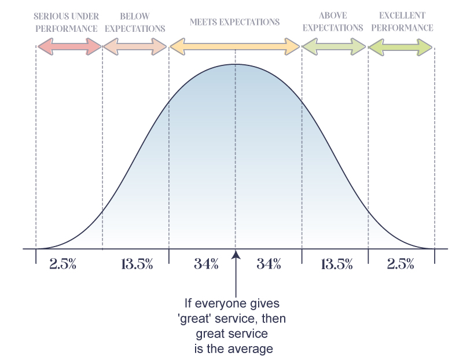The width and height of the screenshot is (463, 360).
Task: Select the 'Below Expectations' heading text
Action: (135, 22)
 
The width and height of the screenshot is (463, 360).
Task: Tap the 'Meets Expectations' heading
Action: (234, 22)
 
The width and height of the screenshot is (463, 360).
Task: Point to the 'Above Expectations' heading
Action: (333, 22)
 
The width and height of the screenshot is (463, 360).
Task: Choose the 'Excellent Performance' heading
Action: (402, 22)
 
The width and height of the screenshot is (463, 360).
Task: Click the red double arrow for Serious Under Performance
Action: (69, 47)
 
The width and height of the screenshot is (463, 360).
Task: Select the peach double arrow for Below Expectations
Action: (135, 47)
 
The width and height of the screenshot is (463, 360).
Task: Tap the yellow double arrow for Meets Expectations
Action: (234, 47)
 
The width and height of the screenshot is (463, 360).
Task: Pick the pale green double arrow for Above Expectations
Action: (334, 47)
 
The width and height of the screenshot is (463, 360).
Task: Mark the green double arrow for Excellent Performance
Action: (400, 47)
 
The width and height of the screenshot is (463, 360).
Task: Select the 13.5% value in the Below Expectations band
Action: (137, 265)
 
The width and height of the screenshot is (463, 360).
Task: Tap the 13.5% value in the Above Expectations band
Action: (336, 265)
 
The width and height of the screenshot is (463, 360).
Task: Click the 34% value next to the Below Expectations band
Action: (206, 265)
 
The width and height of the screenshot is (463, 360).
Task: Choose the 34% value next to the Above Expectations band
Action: (269, 265)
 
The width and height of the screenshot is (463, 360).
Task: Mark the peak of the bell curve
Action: (236, 64)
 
